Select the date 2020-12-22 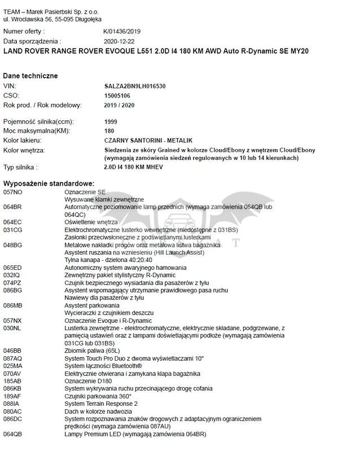point(120,41)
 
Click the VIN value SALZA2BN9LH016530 point(135,86)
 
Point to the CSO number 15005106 point(117,95)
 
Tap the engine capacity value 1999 point(111,121)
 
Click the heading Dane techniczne point(30,76)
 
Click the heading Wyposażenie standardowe point(49,184)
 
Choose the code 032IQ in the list point(12,274)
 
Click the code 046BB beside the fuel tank point(12,350)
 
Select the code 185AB point(12,380)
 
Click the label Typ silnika point(21,168)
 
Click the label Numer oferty point(24,32)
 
